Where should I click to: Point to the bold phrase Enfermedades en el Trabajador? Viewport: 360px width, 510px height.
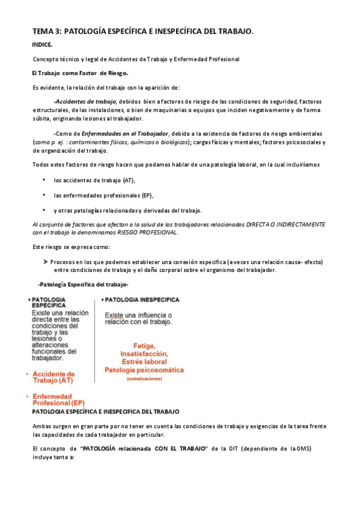coord(125,133)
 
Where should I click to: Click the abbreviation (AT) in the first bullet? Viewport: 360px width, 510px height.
coord(129,180)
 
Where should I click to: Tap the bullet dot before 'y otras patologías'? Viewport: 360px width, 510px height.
coord(44,210)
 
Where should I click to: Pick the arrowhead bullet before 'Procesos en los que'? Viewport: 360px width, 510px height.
coord(46,262)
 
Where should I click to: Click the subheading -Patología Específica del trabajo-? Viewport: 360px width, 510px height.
coord(83,284)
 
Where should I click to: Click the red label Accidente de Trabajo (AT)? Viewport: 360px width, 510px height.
coord(55,376)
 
